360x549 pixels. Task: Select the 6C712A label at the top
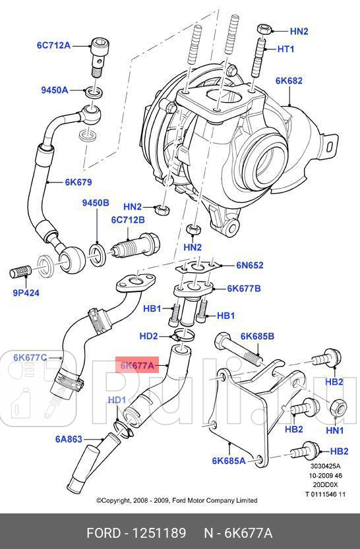tap(53, 45)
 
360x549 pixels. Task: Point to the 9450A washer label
tap(56, 90)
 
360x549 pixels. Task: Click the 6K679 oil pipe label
tap(78, 182)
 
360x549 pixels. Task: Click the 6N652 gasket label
tap(250, 266)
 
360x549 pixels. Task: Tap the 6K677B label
tap(244, 288)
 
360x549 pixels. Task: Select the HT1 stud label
tap(285, 49)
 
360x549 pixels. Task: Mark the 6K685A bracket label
tap(228, 461)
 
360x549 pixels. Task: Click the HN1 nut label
tap(335, 430)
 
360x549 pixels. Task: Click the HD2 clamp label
tap(148, 336)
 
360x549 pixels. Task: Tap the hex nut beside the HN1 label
tap(336, 407)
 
